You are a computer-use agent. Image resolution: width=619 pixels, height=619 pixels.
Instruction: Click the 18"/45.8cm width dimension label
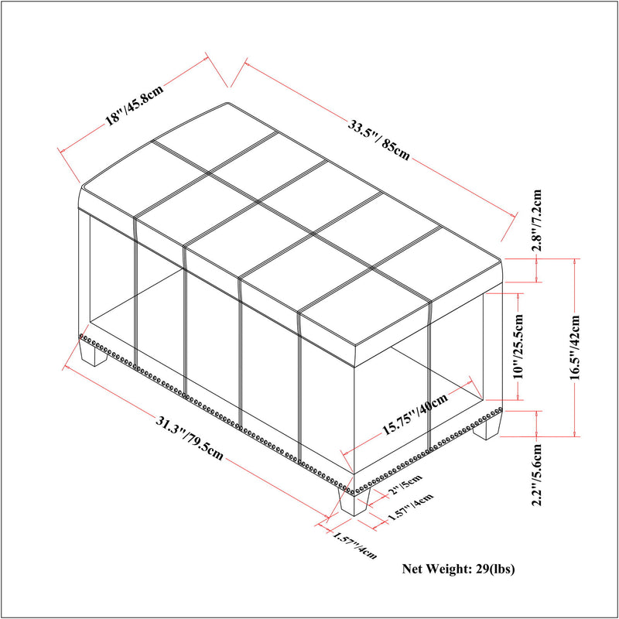click(134, 104)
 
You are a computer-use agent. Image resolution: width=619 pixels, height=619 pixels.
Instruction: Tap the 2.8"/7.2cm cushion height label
click(536, 221)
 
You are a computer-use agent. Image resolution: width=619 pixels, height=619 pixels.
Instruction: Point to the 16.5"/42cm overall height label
click(574, 347)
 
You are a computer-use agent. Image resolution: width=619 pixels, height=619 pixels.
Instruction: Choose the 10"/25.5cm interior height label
click(518, 346)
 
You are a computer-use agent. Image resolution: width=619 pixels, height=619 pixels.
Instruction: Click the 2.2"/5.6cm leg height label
click(537, 474)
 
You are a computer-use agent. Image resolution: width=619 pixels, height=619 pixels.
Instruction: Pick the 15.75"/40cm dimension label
click(416, 413)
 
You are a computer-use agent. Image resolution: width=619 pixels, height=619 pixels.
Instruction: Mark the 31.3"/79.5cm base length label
click(190, 438)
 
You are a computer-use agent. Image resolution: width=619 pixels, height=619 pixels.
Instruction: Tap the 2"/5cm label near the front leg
click(405, 484)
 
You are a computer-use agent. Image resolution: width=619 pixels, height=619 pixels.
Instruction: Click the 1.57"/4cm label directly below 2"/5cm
click(411, 507)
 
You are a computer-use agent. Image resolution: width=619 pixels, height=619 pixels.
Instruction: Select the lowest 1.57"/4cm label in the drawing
click(355, 545)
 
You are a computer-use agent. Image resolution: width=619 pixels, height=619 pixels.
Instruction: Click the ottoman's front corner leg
click(354, 501)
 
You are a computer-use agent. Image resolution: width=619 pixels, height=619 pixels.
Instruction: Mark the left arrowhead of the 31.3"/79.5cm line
click(67, 367)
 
